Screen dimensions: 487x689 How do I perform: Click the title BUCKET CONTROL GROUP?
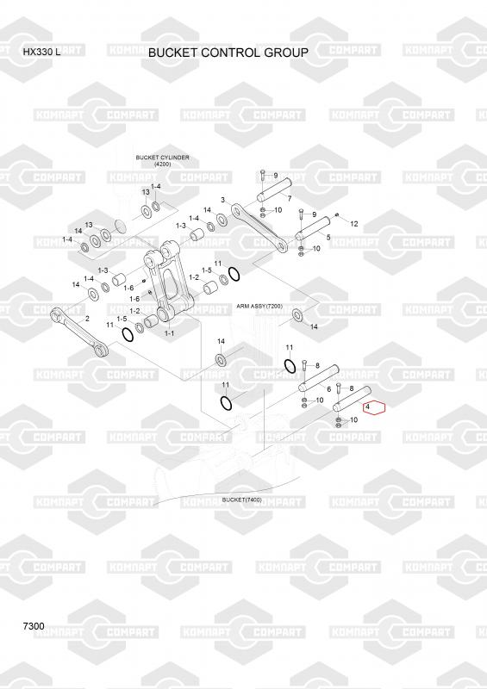pyautogui.click(x=228, y=53)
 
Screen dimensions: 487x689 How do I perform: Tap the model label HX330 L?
pyautogui.click(x=41, y=53)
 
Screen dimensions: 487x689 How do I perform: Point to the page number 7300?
pyautogui.click(x=34, y=626)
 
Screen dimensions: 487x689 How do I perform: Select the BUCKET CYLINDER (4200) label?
pyautogui.click(x=162, y=160)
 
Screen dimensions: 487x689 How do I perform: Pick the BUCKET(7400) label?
pyautogui.click(x=241, y=500)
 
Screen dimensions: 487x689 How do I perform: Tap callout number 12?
pyautogui.click(x=353, y=224)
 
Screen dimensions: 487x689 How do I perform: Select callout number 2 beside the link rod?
pyautogui.click(x=87, y=319)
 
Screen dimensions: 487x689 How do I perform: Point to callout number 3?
pyautogui.click(x=223, y=200)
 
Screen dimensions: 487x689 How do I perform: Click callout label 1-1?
pyautogui.click(x=169, y=333)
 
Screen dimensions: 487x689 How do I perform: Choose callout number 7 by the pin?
pyautogui.click(x=289, y=199)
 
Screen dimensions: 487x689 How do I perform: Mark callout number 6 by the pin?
pyautogui.click(x=328, y=389)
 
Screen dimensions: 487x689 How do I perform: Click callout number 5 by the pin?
pyautogui.click(x=328, y=238)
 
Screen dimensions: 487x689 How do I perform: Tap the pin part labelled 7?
pyautogui.click(x=272, y=189)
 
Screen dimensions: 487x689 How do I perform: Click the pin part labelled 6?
pyautogui.click(x=319, y=378)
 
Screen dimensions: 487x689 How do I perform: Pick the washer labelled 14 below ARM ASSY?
pyautogui.click(x=298, y=314)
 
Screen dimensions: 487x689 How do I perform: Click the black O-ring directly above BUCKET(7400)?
pyautogui.click(x=225, y=402)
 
